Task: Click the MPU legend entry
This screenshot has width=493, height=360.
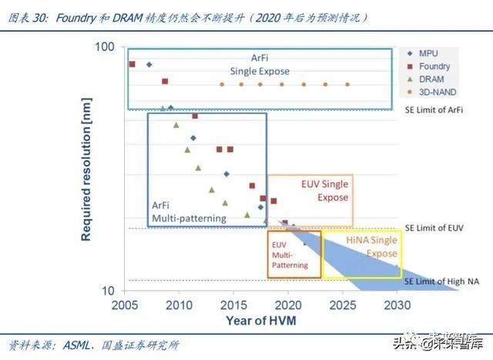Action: [x=428, y=53]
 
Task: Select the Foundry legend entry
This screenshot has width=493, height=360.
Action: [x=434, y=66]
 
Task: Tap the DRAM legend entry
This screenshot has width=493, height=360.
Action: [x=430, y=79]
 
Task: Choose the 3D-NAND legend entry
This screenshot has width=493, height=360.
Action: [x=434, y=93]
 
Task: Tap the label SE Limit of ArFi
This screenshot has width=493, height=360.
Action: [x=434, y=110]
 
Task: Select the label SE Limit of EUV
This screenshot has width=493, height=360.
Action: [x=434, y=228]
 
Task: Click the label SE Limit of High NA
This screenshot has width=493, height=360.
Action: [x=439, y=281]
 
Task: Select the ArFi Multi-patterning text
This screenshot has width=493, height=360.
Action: [x=189, y=213]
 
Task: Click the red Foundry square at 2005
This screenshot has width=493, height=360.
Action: [x=132, y=64]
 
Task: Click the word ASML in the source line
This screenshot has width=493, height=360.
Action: [x=78, y=344]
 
